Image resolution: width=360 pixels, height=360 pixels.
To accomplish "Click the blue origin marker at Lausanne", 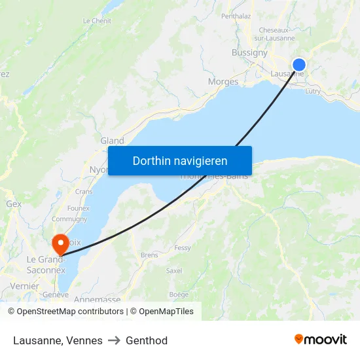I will pyautogui.click(x=298, y=64).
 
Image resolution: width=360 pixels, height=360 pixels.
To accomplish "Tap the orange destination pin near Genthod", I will pyautogui.click(x=60, y=244).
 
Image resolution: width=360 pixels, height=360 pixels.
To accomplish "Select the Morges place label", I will pyautogui.click(x=223, y=82).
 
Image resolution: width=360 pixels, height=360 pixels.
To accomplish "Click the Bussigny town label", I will pyautogui.click(x=249, y=52).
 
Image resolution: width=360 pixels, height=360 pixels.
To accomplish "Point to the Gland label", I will pyautogui.click(x=112, y=141).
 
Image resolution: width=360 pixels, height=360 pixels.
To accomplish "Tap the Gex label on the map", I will pyautogui.click(x=14, y=204).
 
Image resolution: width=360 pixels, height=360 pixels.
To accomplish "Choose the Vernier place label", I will pyautogui.click(x=25, y=286).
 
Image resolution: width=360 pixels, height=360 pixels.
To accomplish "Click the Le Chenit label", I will pyautogui.click(x=97, y=21).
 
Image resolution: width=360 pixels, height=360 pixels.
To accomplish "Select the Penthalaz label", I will pyautogui.click(x=236, y=16).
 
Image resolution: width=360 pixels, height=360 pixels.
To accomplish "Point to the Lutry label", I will pyautogui.click(x=313, y=92).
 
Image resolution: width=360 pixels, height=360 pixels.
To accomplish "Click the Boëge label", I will pyautogui.click(x=179, y=295).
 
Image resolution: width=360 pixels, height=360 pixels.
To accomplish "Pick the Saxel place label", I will pyautogui.click(x=174, y=270).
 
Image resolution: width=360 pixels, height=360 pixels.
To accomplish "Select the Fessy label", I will pyautogui.click(x=183, y=248).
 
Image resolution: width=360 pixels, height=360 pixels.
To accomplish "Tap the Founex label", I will pyautogui.click(x=78, y=208).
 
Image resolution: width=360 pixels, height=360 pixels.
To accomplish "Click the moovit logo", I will pyautogui.click(x=320, y=340).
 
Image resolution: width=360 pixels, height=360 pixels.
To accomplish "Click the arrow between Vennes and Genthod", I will pyautogui.click(x=114, y=340).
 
